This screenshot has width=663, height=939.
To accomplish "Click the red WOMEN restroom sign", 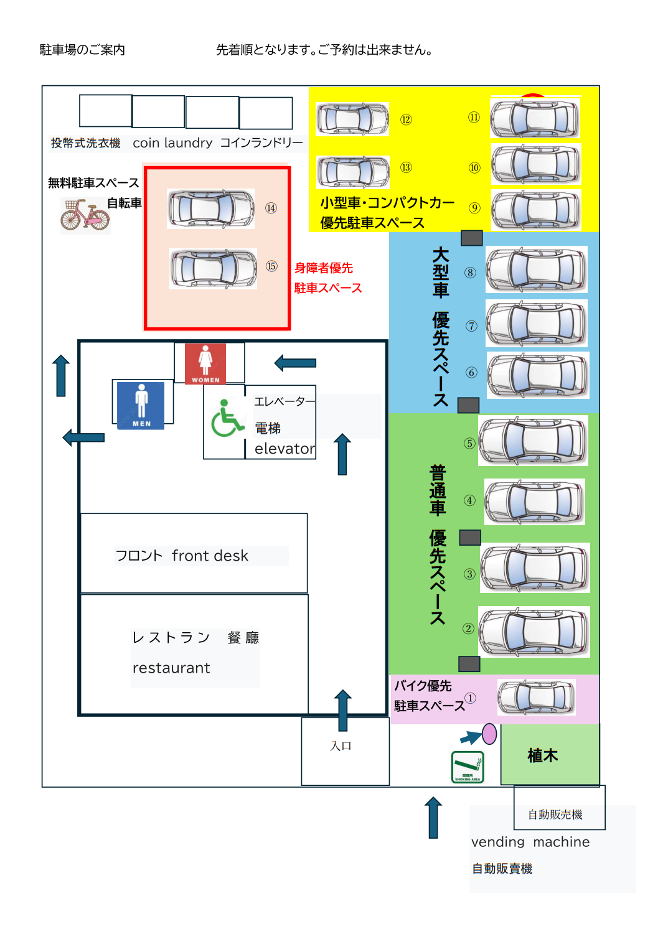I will click(x=205, y=363).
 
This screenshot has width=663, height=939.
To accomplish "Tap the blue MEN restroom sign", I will click(x=141, y=405).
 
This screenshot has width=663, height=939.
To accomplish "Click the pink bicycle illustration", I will click(x=85, y=215).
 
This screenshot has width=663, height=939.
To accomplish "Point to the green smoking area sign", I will click(x=468, y=767).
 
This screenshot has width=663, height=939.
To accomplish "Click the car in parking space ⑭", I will click(x=211, y=208).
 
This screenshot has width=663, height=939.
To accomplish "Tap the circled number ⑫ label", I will click(x=406, y=119).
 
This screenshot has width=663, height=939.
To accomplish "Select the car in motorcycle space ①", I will click(x=536, y=697).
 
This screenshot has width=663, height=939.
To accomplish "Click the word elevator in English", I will click(x=284, y=449).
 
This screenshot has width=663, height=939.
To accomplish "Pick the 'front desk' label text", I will click(x=210, y=556).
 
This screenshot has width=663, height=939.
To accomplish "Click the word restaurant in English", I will click(x=171, y=668).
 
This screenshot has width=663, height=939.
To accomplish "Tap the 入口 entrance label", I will click(x=341, y=745).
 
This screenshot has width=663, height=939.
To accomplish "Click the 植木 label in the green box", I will click(x=543, y=755).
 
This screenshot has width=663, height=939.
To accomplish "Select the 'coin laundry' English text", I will click(x=172, y=143).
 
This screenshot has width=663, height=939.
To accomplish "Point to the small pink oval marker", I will click(x=490, y=734).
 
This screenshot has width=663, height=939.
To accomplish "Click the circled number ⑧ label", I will click(x=470, y=273).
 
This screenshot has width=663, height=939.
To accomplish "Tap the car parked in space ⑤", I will click(x=533, y=441).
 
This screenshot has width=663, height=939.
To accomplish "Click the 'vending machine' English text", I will click(x=530, y=842).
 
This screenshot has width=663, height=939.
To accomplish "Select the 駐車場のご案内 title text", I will click(x=82, y=50).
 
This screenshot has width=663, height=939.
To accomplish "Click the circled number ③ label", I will click(x=469, y=574).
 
